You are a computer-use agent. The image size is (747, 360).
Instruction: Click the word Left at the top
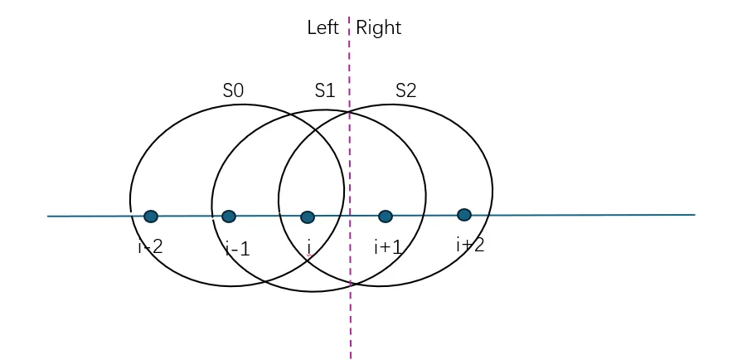click(323, 27)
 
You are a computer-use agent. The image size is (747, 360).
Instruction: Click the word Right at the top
click(379, 27)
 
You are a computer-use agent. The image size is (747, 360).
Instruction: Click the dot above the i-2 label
click(151, 216)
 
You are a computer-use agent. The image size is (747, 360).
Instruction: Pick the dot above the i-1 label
click(229, 216)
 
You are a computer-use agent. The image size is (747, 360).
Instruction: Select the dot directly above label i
click(308, 216)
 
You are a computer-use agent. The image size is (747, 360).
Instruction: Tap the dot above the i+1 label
click(386, 216)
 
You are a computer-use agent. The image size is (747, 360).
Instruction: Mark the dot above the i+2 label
click(464, 215)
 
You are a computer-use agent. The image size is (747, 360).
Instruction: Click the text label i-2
click(150, 246)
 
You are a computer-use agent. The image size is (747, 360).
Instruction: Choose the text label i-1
click(237, 248)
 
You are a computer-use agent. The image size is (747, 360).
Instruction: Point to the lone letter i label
click(309, 246)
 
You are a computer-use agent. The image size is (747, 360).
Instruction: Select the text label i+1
click(387, 246)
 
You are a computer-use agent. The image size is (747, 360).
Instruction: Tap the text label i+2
click(469, 245)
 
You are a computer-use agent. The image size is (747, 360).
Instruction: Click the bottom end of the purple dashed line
click(351, 358)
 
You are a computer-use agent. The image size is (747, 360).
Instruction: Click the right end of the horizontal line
click(694, 215)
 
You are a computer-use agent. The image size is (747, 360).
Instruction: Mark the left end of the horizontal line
click(48, 216)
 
